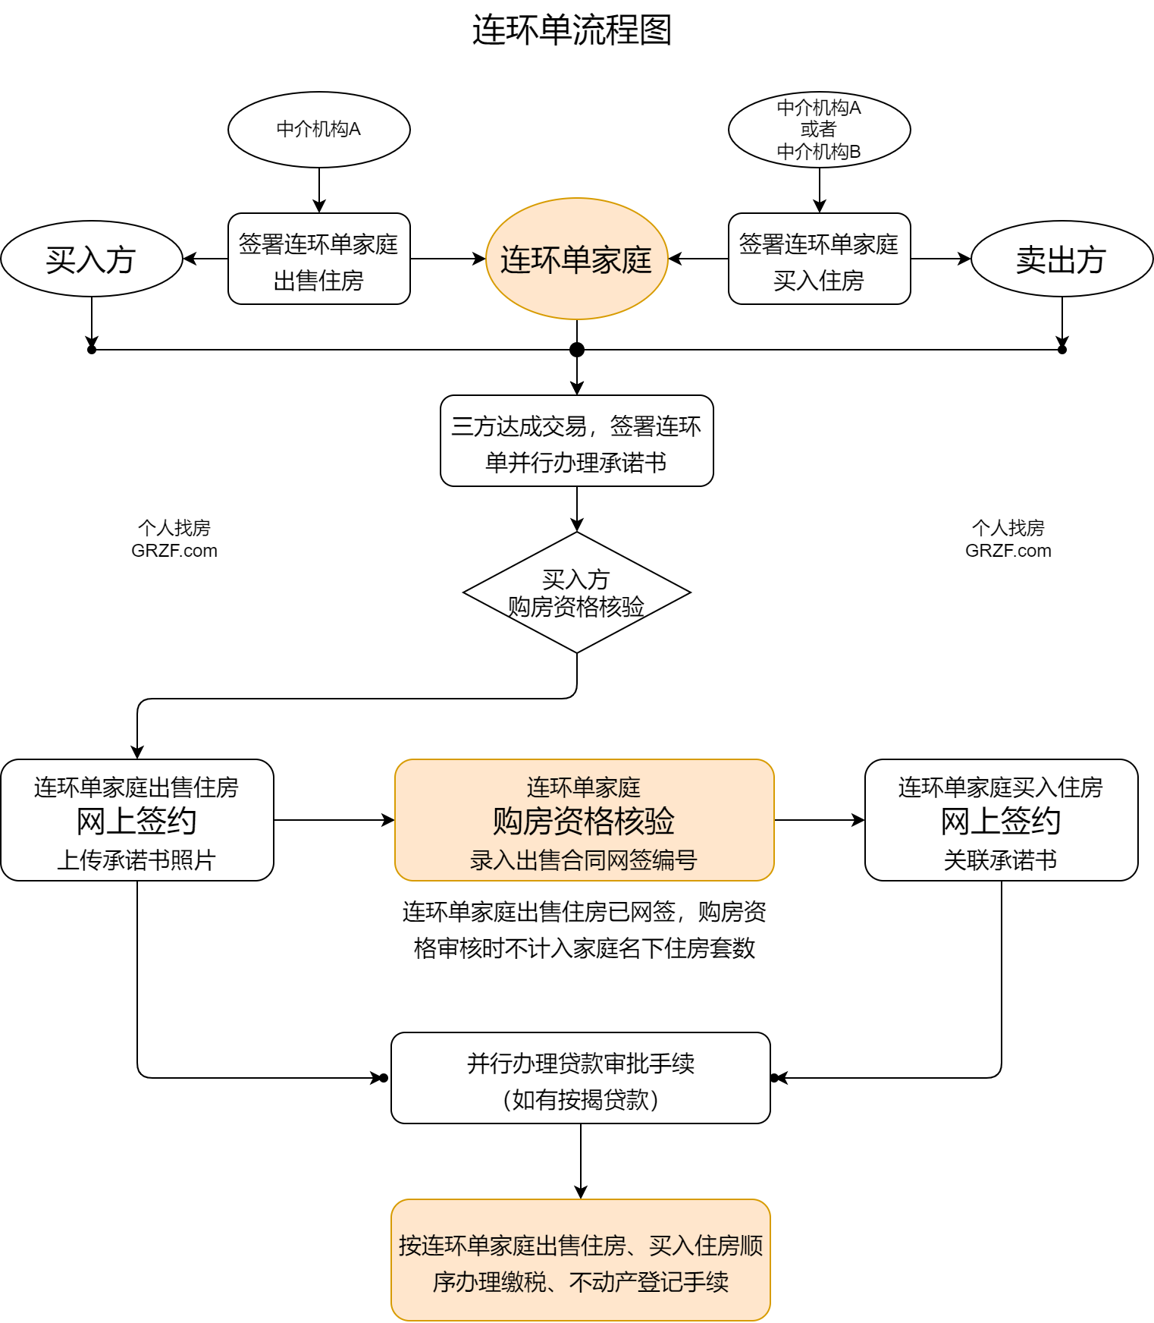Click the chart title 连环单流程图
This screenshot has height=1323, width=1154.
coord(572,30)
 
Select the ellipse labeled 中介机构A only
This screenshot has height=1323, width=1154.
coord(318,130)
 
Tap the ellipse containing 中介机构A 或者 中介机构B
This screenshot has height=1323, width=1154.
coord(819,130)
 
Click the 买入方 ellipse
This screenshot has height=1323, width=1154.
coord(91,259)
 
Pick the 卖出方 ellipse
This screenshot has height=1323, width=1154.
coord(1061,259)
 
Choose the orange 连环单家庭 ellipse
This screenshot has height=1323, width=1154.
coord(576,259)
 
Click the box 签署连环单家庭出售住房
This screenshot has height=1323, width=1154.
coord(318,259)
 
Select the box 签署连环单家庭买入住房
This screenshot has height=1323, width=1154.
coord(819,259)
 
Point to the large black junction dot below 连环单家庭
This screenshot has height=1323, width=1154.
coord(577,350)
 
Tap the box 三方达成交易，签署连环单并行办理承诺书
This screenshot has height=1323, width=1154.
coord(576,441)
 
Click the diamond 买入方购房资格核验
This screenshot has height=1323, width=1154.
coord(576,592)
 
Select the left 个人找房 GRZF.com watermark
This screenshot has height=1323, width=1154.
coord(174,539)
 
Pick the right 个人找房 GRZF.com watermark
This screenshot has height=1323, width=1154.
coord(1008,539)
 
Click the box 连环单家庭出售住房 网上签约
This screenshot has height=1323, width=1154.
coord(136,820)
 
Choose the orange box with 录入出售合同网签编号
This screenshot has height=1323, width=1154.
coord(584,820)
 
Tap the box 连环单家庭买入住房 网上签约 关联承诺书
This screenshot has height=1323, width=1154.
coord(1001,820)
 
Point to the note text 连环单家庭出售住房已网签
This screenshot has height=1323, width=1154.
coord(584,930)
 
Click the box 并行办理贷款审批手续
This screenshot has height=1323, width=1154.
coord(580,1078)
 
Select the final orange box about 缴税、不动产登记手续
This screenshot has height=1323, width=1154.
coord(580,1260)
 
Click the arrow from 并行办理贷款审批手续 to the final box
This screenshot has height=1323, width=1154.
coord(581,1161)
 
